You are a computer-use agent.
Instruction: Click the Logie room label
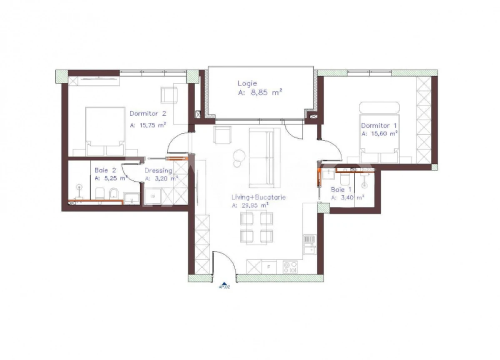tap(247, 83)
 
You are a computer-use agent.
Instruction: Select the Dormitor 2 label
tap(148, 113)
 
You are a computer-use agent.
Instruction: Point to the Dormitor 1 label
tap(376, 125)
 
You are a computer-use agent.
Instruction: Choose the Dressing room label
tap(158, 170)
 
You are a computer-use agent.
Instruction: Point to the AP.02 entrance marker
tap(225, 286)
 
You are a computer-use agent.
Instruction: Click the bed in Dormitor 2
tap(105, 131)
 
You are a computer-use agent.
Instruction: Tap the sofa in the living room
tap(264, 158)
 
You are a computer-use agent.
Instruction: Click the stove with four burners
tap(290, 267)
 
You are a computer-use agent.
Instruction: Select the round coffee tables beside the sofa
tap(238, 157)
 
